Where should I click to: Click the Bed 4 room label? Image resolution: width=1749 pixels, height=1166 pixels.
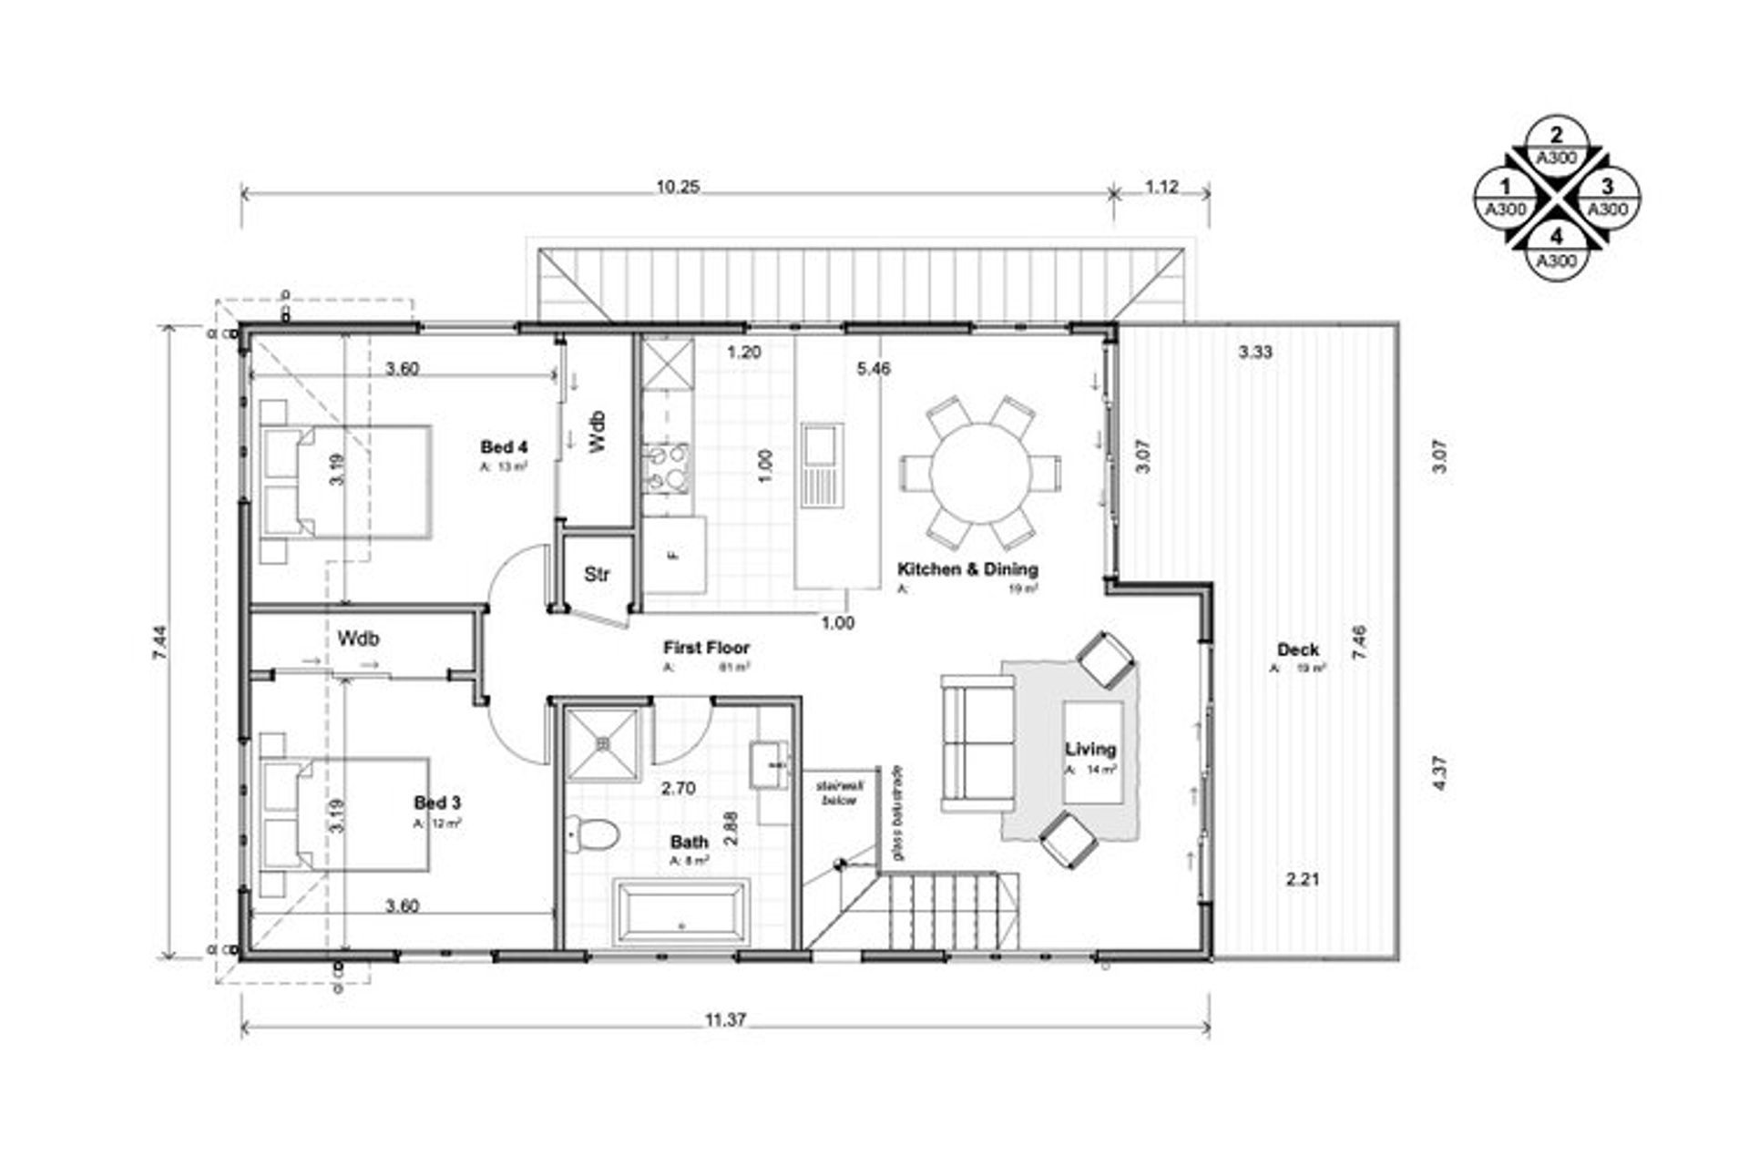(x=504, y=447)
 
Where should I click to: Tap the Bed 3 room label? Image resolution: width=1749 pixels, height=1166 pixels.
(x=437, y=803)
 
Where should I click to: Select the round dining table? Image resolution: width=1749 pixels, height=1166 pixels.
(x=980, y=472)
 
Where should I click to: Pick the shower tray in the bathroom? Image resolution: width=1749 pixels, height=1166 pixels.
(x=602, y=744)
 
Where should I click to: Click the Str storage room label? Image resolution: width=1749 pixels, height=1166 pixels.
(x=597, y=574)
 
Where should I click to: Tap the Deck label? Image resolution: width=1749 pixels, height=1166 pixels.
(x=1297, y=650)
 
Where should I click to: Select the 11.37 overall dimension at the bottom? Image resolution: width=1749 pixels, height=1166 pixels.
(x=725, y=1020)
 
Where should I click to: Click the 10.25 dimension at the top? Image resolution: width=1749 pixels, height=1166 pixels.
(x=678, y=187)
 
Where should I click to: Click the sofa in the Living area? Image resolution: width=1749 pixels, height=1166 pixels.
(x=978, y=743)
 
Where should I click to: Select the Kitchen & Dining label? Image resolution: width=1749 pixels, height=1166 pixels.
(x=967, y=569)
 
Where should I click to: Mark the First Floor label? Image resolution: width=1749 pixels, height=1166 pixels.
(x=706, y=648)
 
